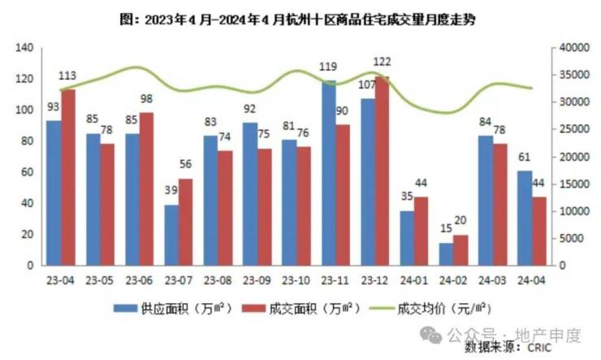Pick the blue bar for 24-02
[x=447, y=254]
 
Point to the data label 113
[x=68, y=76]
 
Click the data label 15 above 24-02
[x=446, y=230]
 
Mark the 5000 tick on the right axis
[x=573, y=238]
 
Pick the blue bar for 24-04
[x=525, y=218]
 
